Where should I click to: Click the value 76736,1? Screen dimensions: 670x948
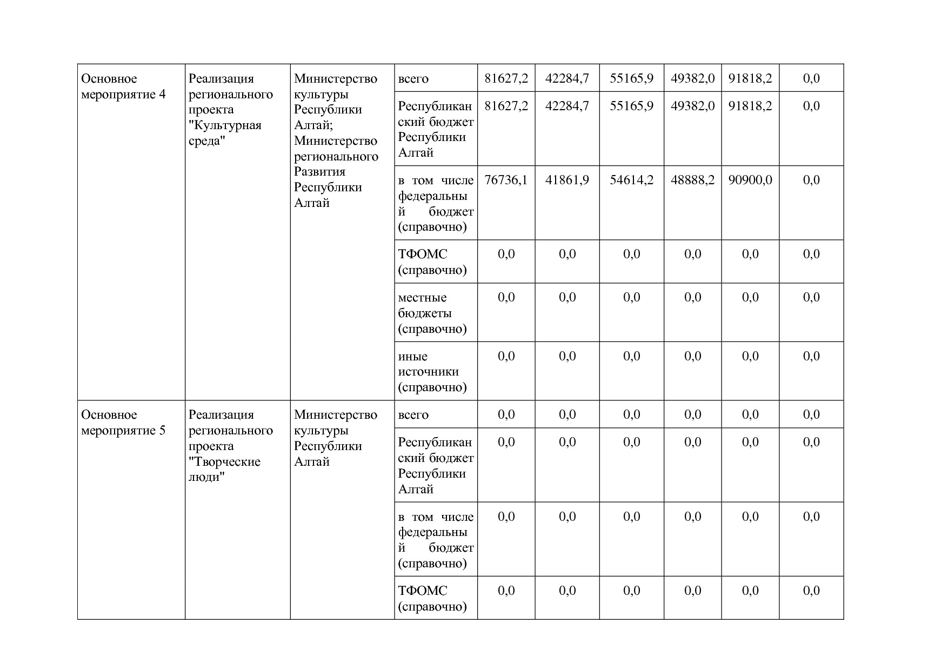[x=506, y=180]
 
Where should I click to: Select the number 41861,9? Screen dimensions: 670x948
[x=567, y=180]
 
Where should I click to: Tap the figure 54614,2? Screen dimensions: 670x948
[x=631, y=180]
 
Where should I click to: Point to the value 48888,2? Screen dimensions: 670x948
[x=692, y=180]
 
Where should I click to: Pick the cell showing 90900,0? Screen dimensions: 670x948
[x=750, y=180]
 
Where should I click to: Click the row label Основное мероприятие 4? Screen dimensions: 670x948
[x=123, y=86]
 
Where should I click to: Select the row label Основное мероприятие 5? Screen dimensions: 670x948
[x=123, y=423]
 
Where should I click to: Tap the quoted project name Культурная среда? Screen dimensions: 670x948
[x=225, y=133]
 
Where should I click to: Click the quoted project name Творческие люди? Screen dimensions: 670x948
[x=224, y=470]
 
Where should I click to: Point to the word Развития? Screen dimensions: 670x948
[x=319, y=172]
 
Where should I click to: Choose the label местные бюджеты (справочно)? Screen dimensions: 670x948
[x=432, y=313]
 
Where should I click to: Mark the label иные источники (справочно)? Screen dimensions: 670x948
[x=432, y=372]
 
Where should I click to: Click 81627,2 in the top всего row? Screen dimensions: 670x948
[x=506, y=78]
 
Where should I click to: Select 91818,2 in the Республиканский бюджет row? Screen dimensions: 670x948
[x=750, y=105]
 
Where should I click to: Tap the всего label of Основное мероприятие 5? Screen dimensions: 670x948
[x=413, y=415]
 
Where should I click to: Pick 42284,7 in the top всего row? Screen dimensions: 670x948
[x=567, y=78]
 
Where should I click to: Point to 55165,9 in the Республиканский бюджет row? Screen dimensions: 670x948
[x=631, y=105]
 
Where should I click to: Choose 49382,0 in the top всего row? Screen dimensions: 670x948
[x=692, y=78]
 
